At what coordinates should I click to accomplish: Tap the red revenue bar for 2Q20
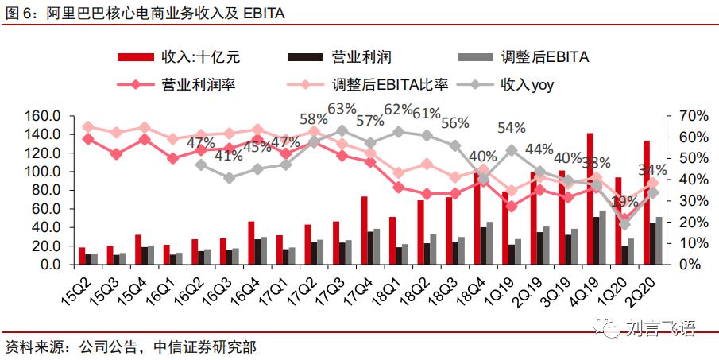point(646,202)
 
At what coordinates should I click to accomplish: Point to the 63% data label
point(342,108)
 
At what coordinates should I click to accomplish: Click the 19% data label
point(624,201)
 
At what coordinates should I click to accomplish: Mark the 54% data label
point(512,127)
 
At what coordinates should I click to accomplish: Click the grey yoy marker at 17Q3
point(342,130)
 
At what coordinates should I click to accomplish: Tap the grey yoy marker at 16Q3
point(229,178)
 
